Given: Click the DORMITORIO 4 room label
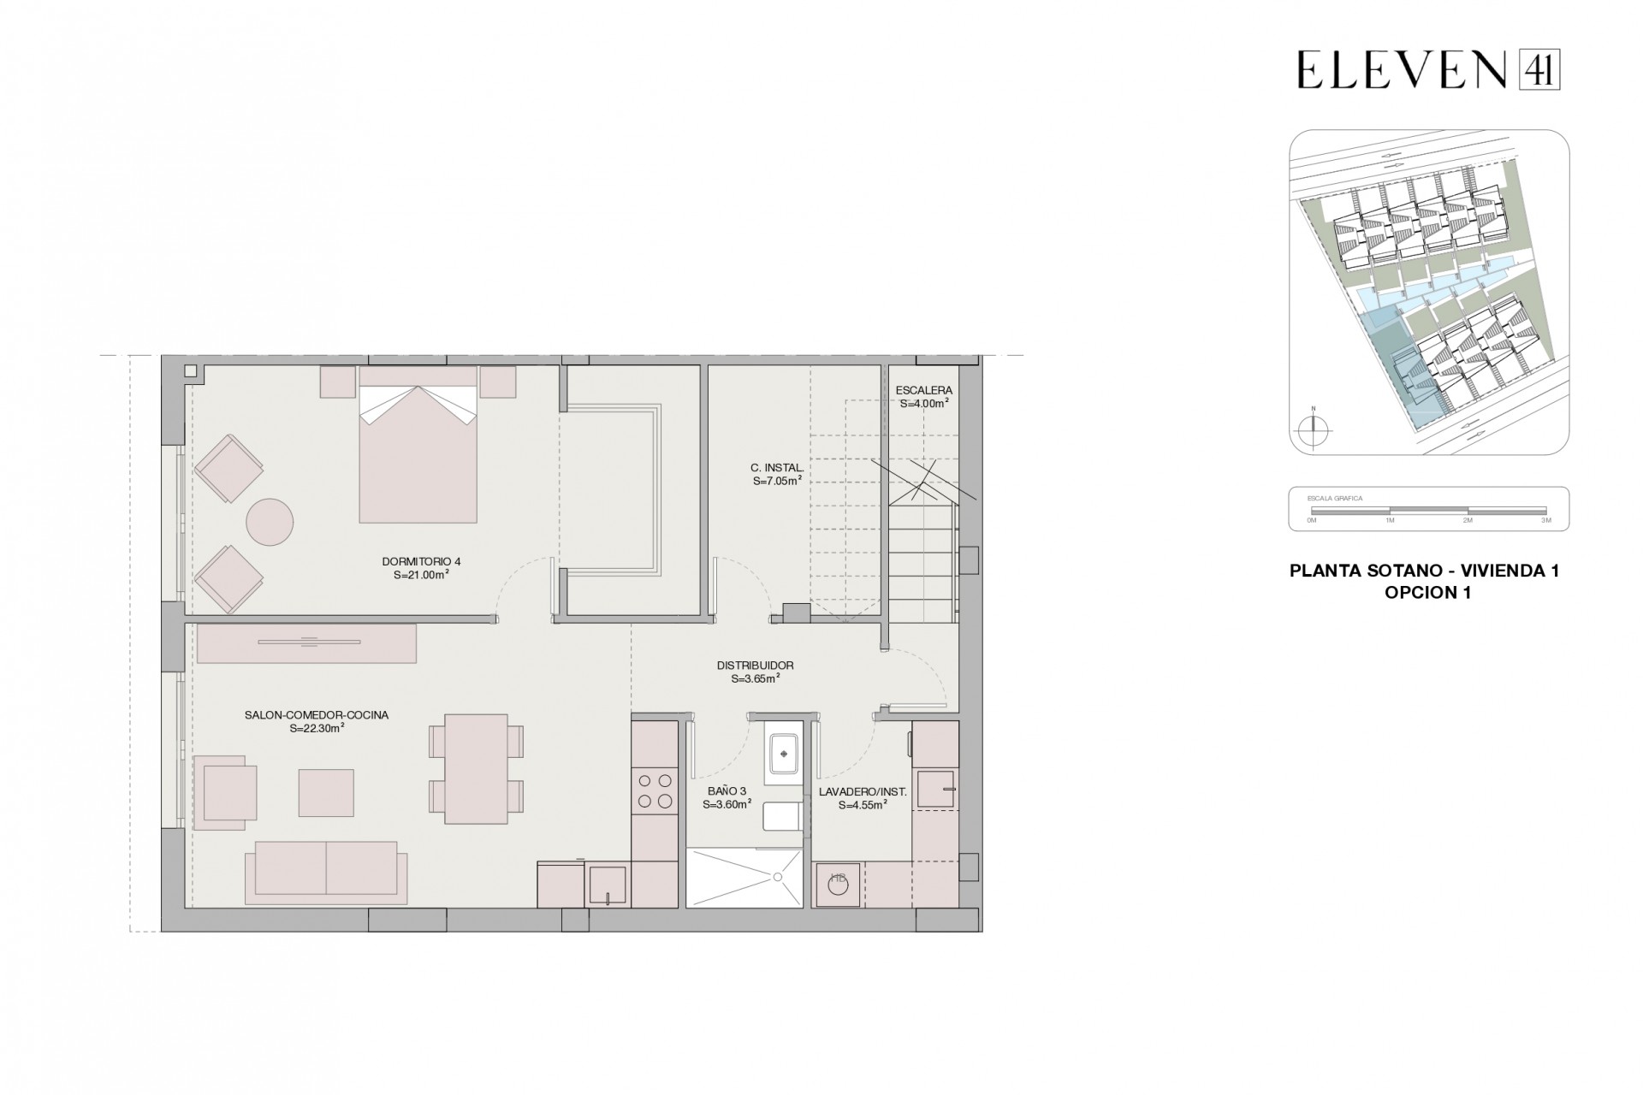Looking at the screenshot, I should click(x=421, y=561).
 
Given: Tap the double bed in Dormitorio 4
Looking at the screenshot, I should click(x=418, y=453).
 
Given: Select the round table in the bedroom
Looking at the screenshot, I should click(x=270, y=522).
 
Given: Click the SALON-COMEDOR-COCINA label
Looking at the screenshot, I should click(x=317, y=715).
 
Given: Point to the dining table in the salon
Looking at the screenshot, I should click(x=477, y=768).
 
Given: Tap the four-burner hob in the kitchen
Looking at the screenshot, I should click(x=655, y=790).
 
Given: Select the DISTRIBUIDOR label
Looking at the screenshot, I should click(x=755, y=665).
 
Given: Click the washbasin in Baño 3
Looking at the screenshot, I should click(x=783, y=754).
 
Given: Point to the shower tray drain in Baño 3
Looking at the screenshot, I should click(x=778, y=877).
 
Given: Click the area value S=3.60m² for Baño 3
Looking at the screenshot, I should click(x=727, y=805).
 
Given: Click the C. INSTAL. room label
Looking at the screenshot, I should click(x=777, y=468).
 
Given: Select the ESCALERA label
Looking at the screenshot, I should click(x=923, y=390).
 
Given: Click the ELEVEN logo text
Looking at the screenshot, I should click(x=1401, y=69).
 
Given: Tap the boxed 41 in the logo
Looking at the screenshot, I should click(x=1539, y=69).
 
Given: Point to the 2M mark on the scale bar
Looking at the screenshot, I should click(x=1468, y=520).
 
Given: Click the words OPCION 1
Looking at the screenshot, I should click(x=1427, y=593).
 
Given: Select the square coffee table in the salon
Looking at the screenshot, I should click(x=326, y=792).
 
